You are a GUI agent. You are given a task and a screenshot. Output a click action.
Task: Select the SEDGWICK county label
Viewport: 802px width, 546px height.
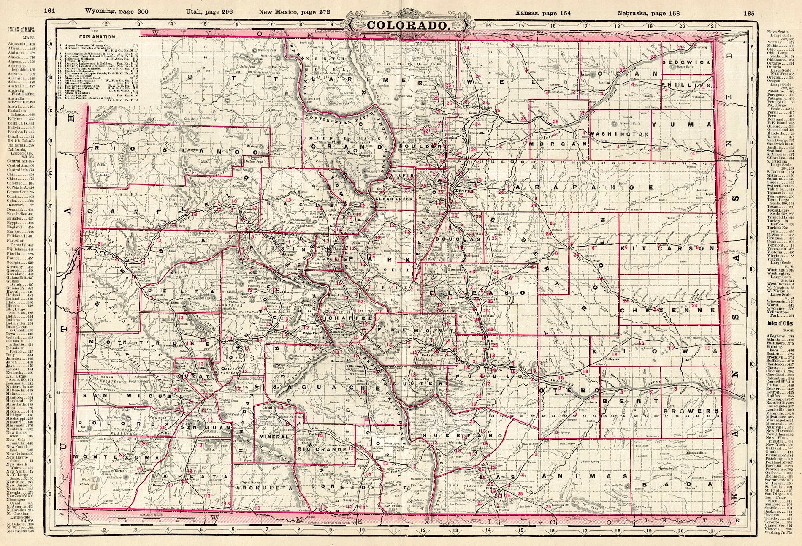(x=681, y=62)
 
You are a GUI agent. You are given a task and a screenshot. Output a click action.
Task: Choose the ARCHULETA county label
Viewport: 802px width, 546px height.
(x=261, y=488)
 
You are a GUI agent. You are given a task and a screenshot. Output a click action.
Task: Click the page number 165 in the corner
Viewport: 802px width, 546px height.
(x=749, y=13)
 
